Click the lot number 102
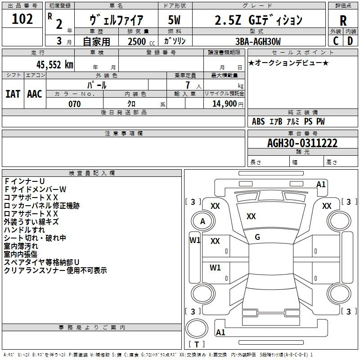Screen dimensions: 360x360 point(22,19)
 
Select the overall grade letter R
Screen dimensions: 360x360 point(343,21)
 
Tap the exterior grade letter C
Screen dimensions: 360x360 point(336,41)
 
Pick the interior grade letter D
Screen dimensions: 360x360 point(350,41)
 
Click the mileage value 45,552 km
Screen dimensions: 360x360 point(54,65)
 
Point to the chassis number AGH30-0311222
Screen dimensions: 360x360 point(302,143)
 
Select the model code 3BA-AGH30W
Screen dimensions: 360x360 point(258,41)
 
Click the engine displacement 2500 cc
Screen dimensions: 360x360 point(141,41)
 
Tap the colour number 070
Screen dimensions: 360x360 point(75,104)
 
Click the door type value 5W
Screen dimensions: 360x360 point(174,20)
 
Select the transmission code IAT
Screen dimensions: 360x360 point(13,94)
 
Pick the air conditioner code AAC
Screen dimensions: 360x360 point(35,94)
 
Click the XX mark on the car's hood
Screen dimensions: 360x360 point(251,216)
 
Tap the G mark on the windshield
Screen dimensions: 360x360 point(257,237)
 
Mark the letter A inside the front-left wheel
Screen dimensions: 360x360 point(202,221)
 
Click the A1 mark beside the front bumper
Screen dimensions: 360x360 point(321,184)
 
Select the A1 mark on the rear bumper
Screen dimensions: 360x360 point(220,332)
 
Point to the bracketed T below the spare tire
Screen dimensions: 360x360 point(197,344)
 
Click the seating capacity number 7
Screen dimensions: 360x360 point(188,85)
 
